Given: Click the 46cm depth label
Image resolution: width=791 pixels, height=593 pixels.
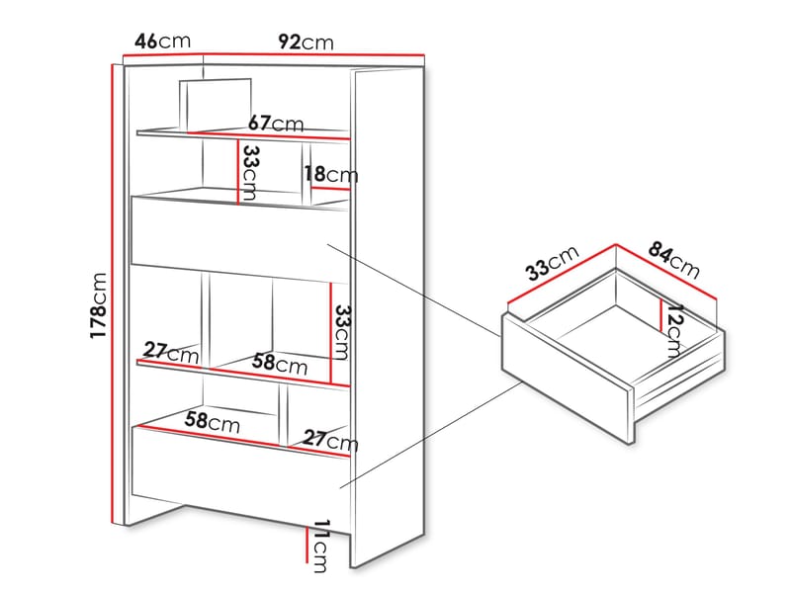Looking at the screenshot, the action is click(x=162, y=41).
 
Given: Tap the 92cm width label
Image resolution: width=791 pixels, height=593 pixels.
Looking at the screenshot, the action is click(x=306, y=42).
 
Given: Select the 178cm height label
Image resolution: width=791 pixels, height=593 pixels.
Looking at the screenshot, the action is click(x=98, y=305).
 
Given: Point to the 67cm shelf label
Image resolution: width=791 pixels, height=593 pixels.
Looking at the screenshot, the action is click(x=276, y=125).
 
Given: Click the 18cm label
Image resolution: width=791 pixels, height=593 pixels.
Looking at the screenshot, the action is click(x=330, y=175).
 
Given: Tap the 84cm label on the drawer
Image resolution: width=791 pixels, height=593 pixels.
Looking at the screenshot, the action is click(x=674, y=260).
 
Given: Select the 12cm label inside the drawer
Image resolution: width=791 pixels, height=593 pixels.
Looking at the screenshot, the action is click(x=674, y=331).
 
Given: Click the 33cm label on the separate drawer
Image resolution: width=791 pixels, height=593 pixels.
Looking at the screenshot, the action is click(x=552, y=263).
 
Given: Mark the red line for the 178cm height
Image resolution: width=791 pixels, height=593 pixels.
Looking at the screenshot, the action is click(x=112, y=294).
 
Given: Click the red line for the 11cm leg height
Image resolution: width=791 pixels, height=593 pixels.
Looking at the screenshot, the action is click(x=307, y=545).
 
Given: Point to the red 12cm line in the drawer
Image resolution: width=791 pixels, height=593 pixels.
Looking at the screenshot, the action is click(x=660, y=315).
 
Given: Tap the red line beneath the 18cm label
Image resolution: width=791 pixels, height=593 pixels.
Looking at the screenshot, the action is click(x=330, y=189).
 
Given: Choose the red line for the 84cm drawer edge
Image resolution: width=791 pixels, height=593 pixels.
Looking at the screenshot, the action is click(x=665, y=272).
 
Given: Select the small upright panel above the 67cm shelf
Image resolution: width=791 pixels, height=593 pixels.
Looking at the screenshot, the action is click(x=216, y=106).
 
